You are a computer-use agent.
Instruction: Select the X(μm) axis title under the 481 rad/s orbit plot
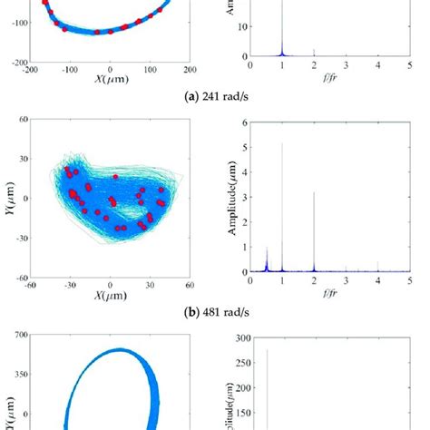pyautogui.click(x=109, y=296)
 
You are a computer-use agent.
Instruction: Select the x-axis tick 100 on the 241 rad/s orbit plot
pyautogui.click(x=151, y=69)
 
